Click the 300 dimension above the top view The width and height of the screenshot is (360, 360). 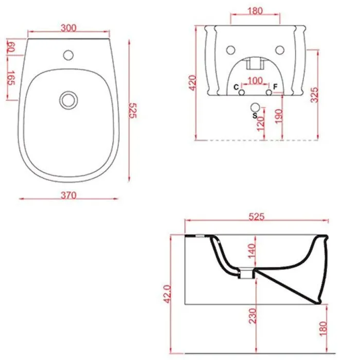click(68, 28)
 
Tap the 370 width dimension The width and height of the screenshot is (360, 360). click(68, 195)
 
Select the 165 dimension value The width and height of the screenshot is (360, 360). click(11, 78)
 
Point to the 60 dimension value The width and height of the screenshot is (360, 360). click(11, 47)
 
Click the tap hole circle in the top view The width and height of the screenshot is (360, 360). click(68, 55)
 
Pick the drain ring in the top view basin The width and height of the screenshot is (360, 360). click(68, 100)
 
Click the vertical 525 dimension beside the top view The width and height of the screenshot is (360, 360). click(133, 111)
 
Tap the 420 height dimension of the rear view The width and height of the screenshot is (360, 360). click(193, 83)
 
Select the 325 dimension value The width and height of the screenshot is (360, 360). click(314, 95)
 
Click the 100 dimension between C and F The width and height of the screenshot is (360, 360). click(255, 81)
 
